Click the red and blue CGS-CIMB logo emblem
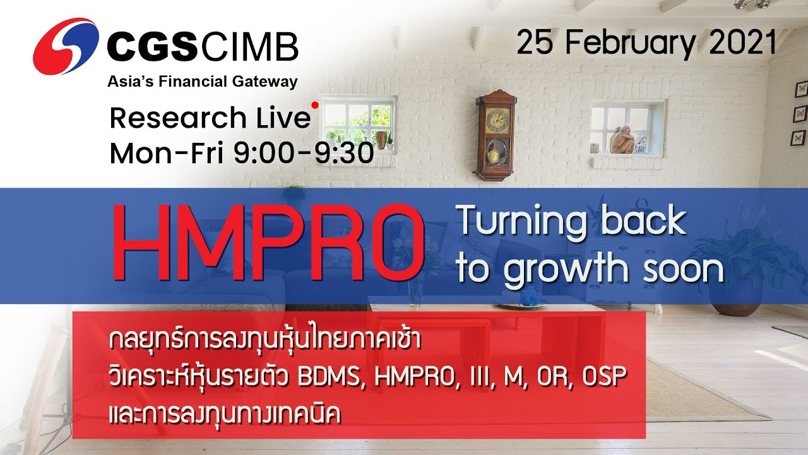[65, 46]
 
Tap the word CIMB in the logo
[251, 47]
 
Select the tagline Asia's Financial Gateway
[202, 82]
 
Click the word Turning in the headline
[523, 221]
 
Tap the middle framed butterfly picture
[800, 113]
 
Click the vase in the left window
[381, 139]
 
